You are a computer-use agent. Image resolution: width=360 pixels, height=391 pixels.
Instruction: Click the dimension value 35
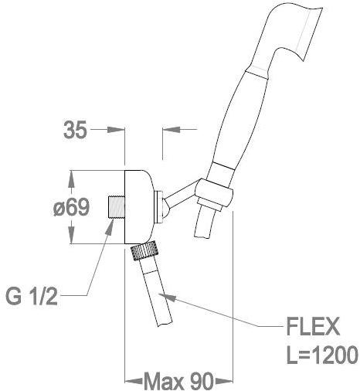tap(75, 130)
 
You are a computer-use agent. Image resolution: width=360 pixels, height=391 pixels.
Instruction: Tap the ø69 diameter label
tap(71, 207)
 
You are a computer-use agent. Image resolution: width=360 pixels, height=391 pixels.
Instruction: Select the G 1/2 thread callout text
tap(32, 296)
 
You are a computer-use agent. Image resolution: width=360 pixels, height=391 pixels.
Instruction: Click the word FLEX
tap(313, 327)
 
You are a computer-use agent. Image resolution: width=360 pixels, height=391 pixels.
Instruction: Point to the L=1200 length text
tap(322, 355)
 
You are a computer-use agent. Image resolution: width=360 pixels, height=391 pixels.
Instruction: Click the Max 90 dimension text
tap(178, 381)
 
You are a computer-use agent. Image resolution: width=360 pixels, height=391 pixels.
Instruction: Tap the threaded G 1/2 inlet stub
tap(116, 207)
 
